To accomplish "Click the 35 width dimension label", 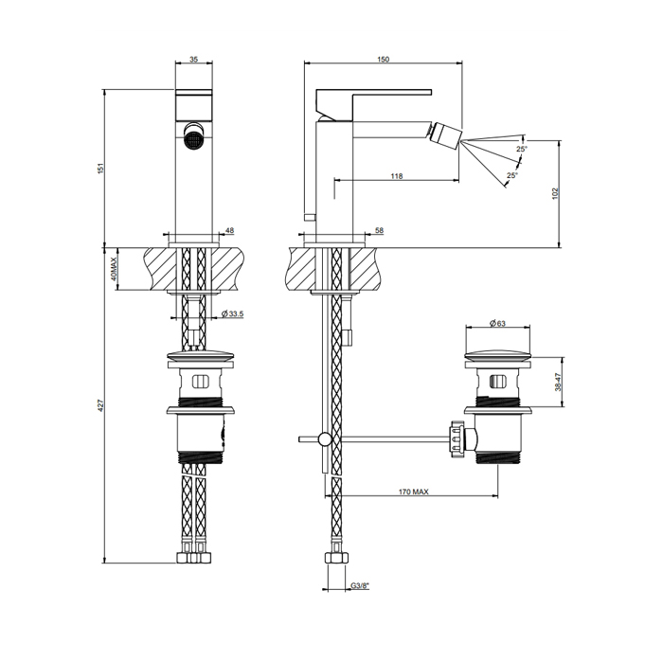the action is click(x=193, y=60).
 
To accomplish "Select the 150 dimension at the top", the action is click(x=383, y=60).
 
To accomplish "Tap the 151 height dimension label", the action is click(x=100, y=168).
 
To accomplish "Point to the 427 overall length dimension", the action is click(x=100, y=405).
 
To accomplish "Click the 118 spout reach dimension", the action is click(x=397, y=176).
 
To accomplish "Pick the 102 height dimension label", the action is click(x=556, y=193).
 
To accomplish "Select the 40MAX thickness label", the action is click(x=114, y=269).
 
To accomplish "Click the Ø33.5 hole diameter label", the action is click(x=233, y=313).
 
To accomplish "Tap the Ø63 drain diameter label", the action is click(x=497, y=323).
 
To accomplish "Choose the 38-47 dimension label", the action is click(x=558, y=383).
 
